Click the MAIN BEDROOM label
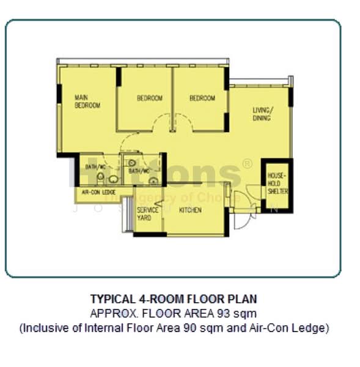tap(87, 101)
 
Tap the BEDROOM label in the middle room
tap(149, 98)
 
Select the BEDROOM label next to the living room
tap(202, 98)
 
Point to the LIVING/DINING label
tap(263, 114)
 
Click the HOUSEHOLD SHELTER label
tap(277, 183)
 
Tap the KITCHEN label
tap(190, 210)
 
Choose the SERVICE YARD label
tap(148, 213)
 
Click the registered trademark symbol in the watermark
tap(247, 164)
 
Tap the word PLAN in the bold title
tap(244, 299)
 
